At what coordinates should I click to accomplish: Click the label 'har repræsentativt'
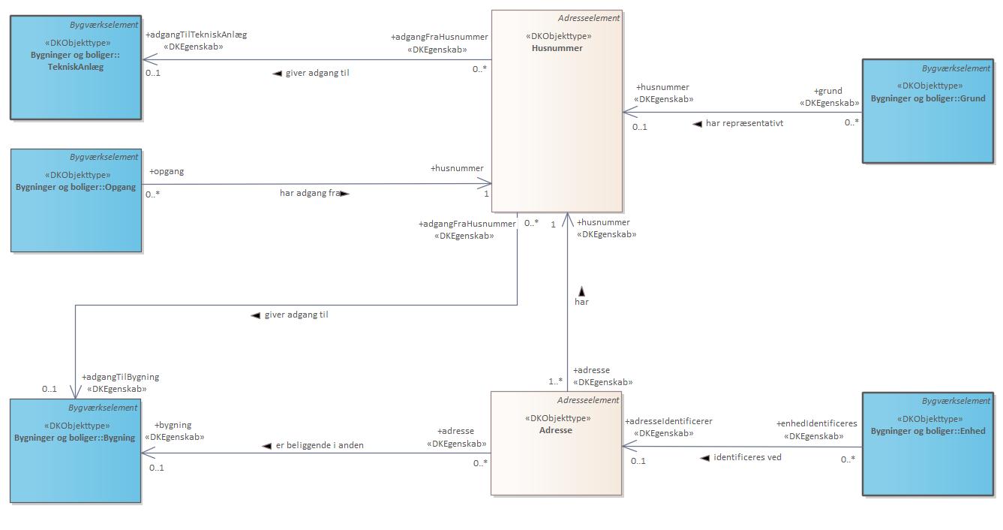point(744,123)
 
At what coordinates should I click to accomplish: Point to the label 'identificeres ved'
point(747,457)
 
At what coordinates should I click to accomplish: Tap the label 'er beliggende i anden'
point(325,445)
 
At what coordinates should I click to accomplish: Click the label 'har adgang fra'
point(310,193)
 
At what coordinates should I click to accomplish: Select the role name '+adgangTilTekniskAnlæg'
point(197,35)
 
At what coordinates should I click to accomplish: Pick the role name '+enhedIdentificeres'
point(816,424)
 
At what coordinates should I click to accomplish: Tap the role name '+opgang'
point(167,171)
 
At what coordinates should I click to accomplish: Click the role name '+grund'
point(828,91)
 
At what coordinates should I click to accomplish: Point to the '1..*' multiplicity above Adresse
point(555,381)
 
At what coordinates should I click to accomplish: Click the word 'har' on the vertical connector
point(581,302)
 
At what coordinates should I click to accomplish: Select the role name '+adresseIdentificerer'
point(668,421)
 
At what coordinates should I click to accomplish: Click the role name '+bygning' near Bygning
point(173,425)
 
